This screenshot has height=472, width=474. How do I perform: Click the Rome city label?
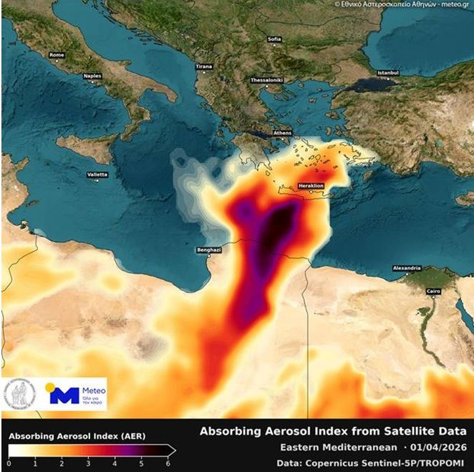tap(57, 54)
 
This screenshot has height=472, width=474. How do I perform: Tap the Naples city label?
tap(92, 74)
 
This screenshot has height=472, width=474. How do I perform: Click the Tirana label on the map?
tap(204, 67)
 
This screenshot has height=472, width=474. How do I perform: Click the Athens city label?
tap(282, 134)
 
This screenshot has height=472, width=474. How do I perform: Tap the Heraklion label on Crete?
tap(311, 186)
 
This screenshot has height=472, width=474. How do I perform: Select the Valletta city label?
tap(97, 174)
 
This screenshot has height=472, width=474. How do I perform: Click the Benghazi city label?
tap(208, 250)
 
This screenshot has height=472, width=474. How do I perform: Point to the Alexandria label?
tap(407, 268)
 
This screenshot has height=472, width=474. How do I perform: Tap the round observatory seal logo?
tap(21, 395)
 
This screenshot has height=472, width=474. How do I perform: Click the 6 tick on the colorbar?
tap(169, 463)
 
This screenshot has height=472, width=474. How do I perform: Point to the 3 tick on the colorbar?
tap(89, 463)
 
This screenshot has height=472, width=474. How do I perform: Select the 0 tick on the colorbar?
tap(9, 463)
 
